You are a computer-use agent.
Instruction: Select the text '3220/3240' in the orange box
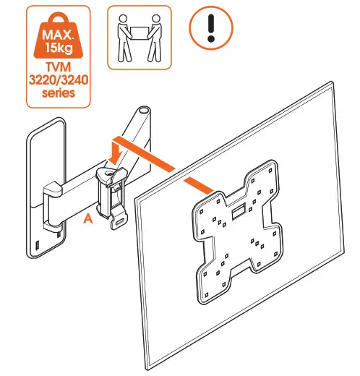pyautogui.click(x=62, y=81)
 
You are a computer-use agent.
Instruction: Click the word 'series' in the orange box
pyautogui.click(x=62, y=94)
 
